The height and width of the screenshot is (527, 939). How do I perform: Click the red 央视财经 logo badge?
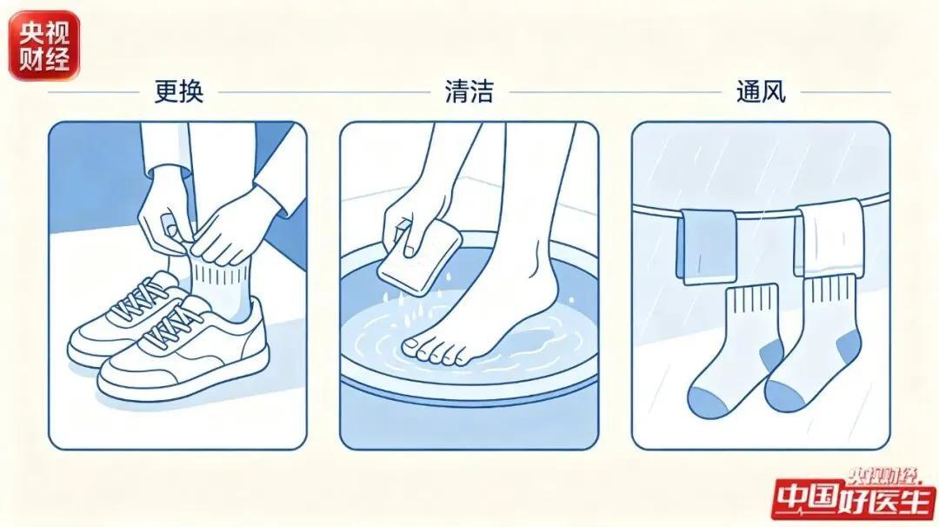43,45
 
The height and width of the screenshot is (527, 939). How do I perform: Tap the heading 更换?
179,92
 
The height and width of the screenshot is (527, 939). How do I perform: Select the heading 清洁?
469,92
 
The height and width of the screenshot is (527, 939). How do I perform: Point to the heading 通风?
761,92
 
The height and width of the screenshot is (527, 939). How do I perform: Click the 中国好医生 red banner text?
855,498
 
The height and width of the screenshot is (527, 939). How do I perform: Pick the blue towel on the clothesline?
707,246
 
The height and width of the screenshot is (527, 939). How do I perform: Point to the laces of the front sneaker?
174,327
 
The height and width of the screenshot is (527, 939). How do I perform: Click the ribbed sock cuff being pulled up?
218,273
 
